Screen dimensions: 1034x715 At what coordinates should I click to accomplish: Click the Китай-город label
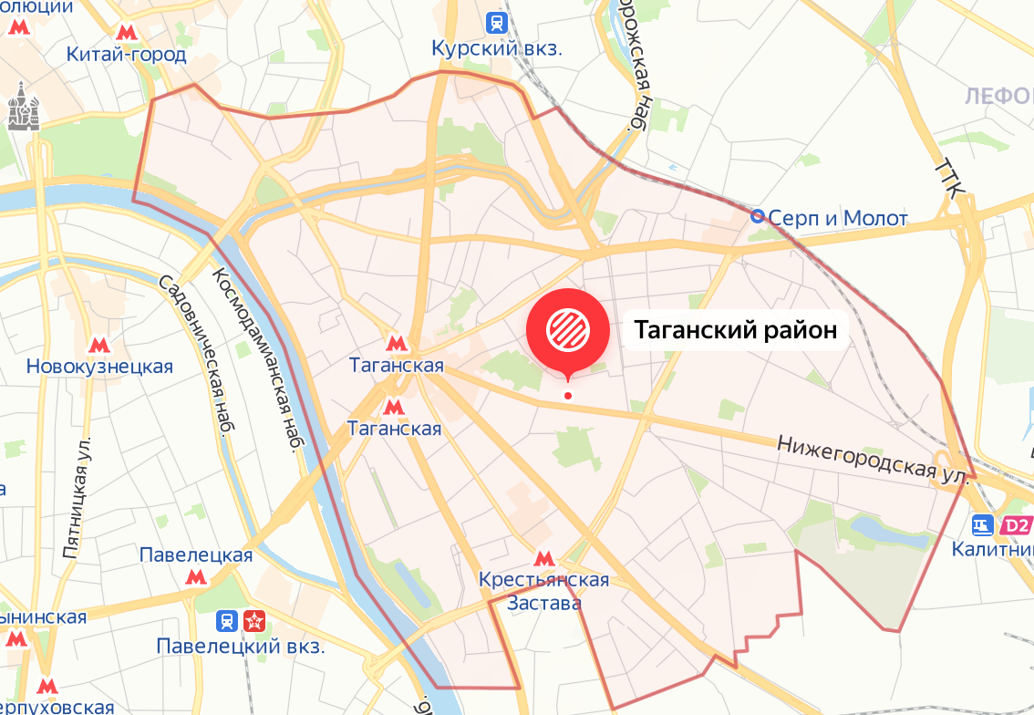(126, 55)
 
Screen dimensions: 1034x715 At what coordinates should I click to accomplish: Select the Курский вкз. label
(497, 48)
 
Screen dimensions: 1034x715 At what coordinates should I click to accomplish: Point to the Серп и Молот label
(838, 218)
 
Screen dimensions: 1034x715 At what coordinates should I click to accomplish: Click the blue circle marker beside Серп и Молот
(758, 216)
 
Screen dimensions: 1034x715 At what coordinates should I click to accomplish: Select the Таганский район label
(735, 330)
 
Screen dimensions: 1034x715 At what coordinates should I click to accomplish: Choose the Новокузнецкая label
(99, 367)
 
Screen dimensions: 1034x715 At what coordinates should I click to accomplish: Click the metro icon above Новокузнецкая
(98, 346)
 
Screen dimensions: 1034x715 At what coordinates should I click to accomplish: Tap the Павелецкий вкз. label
(240, 648)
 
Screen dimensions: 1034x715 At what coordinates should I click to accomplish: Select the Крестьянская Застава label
(544, 591)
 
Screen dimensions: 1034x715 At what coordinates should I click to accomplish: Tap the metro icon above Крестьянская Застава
(544, 559)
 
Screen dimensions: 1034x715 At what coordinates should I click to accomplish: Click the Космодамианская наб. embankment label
(258, 359)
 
